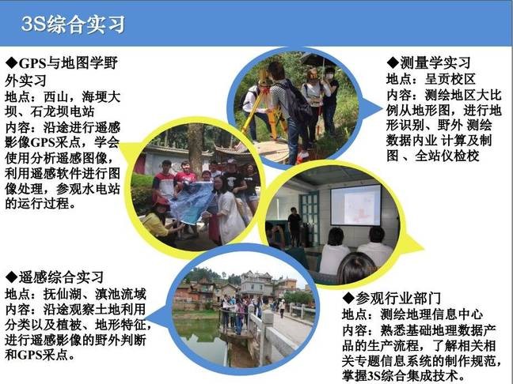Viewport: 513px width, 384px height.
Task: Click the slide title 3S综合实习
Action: click(x=73, y=24)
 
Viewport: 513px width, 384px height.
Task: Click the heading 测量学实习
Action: click(x=435, y=62)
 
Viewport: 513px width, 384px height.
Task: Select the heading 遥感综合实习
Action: click(x=61, y=277)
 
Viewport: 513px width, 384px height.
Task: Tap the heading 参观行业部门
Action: click(x=398, y=298)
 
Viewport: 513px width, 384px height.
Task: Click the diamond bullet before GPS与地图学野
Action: click(x=12, y=62)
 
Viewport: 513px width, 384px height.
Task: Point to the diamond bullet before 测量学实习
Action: click(x=393, y=62)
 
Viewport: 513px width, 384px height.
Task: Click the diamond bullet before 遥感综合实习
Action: click(x=12, y=277)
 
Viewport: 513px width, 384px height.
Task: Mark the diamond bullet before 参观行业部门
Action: click(x=349, y=298)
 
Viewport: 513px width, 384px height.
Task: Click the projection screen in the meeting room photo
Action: click(x=355, y=205)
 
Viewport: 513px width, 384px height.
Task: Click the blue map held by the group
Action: click(x=192, y=202)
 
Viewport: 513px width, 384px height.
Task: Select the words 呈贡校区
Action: click(x=450, y=79)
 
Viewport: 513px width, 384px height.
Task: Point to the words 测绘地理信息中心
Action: click(x=432, y=314)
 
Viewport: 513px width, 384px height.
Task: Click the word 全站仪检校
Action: click(x=447, y=156)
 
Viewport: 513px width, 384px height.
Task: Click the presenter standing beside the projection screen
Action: click(x=294, y=226)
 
